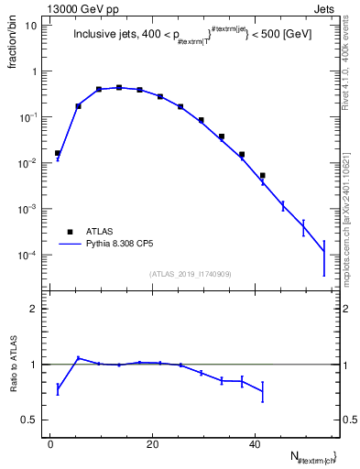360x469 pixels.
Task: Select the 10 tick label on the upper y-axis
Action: pos(31,26)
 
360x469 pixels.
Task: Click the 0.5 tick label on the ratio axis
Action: pos(30,420)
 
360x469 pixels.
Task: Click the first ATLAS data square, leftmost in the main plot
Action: pos(58,154)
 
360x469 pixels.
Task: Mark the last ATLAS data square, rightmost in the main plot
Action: pos(262,175)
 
